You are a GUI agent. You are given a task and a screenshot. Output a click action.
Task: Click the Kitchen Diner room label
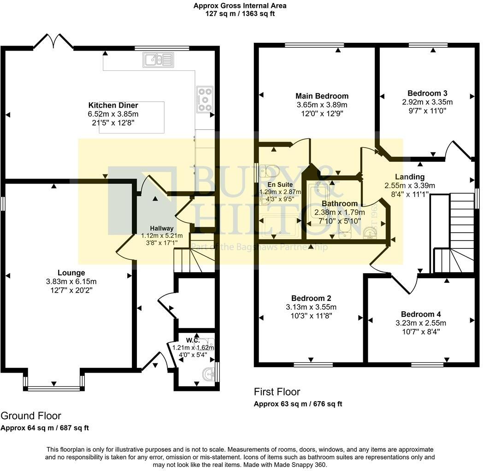tap(113, 105)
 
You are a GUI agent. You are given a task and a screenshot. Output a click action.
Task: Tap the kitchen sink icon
tap(158, 60)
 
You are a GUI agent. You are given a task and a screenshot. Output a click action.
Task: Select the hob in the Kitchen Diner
tap(205, 99)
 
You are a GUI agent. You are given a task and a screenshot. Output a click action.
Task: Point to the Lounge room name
tap(71, 273)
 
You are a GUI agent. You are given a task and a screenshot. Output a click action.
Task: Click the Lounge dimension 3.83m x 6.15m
tap(71, 281)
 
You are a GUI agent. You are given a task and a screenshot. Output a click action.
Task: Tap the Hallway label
tap(162, 229)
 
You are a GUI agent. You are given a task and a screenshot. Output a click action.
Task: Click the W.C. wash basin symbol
tap(209, 374)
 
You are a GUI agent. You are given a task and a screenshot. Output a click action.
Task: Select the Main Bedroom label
tap(322, 96)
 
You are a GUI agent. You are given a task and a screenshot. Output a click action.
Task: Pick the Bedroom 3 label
tap(427, 93)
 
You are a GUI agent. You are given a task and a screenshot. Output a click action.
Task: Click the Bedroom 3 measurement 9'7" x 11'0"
tap(427, 111)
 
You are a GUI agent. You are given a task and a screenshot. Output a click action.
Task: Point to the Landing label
tap(410, 177)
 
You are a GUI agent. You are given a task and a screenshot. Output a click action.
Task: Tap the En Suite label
tap(280, 184)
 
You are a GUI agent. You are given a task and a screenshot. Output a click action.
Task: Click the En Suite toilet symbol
tap(269, 171)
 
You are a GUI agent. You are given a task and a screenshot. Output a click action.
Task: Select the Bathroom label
tap(340, 203)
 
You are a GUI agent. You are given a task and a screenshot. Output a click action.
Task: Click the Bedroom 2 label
tap(311, 298)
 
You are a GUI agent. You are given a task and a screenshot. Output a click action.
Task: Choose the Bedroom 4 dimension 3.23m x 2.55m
tap(421, 323)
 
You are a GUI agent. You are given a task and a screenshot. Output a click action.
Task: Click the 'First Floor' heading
tap(277, 392)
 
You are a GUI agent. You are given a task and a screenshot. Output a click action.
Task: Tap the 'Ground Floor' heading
tap(31, 416)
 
